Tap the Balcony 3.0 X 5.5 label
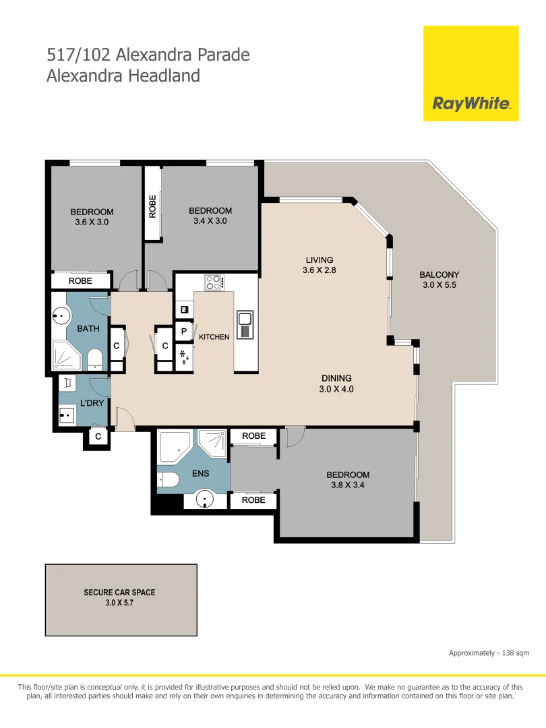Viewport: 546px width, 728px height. [439, 280]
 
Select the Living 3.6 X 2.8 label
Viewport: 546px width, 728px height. [320, 265]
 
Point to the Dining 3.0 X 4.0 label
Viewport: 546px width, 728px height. [336, 384]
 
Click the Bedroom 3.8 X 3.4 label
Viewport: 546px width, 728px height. [348, 480]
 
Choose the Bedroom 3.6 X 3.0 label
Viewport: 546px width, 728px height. [92, 216]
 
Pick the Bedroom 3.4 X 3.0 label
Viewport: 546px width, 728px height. [210, 216]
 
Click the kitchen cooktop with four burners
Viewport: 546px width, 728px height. [214, 282]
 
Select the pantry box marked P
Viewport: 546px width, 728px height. [183, 331]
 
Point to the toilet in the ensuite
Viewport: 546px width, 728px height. [167, 480]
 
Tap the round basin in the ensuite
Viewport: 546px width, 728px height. [206, 499]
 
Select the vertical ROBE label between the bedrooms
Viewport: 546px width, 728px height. [152, 206]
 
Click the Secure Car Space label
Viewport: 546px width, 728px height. [119, 598]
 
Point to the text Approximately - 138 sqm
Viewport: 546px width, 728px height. [489, 653]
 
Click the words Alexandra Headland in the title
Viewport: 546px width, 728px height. [123, 75]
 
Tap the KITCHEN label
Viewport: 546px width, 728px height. [214, 337]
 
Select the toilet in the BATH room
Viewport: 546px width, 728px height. [95, 357]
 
